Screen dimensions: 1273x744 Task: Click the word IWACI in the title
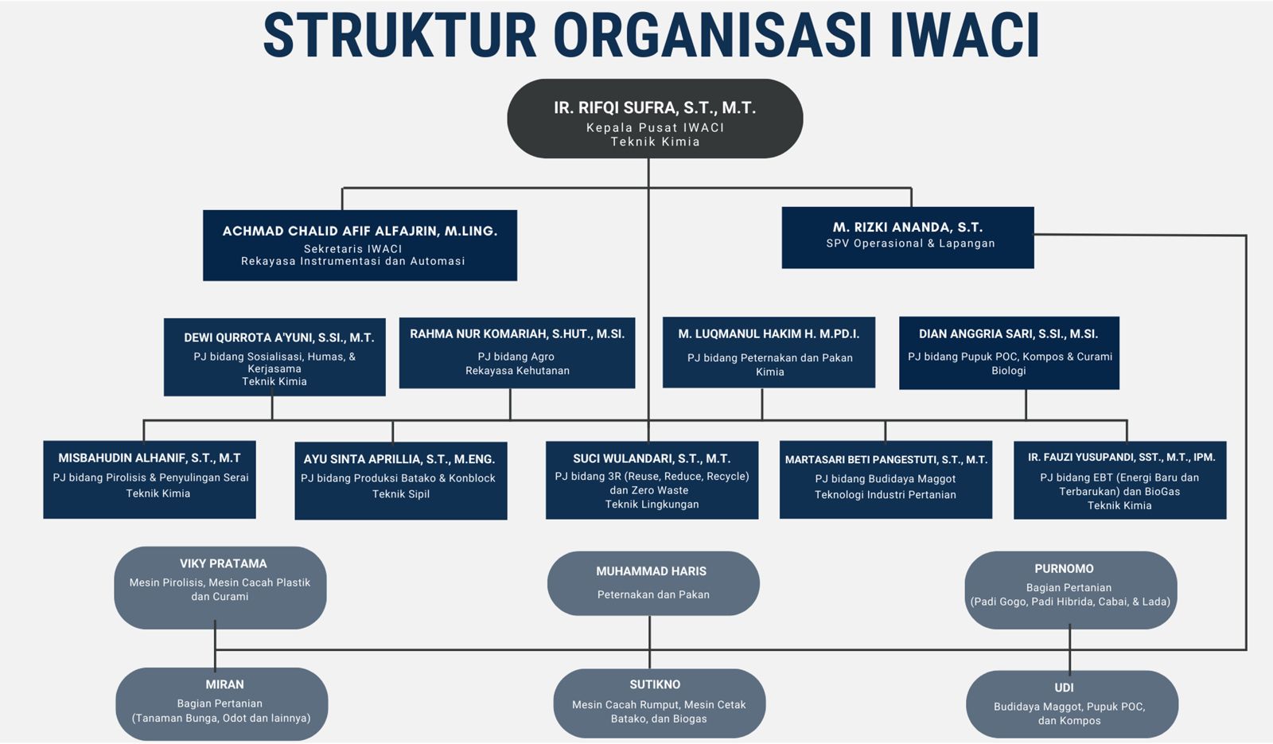(x=965, y=34)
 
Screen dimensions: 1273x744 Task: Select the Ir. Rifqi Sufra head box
(x=655, y=119)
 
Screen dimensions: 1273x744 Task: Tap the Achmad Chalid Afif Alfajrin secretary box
(x=360, y=245)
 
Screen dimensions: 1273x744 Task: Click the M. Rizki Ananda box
(x=908, y=237)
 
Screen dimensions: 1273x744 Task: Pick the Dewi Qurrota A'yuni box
(x=274, y=357)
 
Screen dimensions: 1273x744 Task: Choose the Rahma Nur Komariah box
(x=517, y=353)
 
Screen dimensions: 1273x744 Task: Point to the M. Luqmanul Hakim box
(x=769, y=353)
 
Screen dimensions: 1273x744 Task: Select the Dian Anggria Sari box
(x=1009, y=353)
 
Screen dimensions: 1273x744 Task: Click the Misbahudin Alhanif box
(x=150, y=480)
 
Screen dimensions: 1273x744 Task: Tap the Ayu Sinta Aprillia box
(x=401, y=481)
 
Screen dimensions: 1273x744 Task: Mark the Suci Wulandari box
(x=652, y=481)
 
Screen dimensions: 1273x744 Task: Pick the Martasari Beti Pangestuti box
(x=886, y=480)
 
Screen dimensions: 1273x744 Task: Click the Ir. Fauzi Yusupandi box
(x=1119, y=481)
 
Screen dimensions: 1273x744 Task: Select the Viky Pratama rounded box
(x=220, y=588)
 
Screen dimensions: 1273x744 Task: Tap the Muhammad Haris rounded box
(x=653, y=583)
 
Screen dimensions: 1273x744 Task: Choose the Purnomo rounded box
(x=1071, y=590)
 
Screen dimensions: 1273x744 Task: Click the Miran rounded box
(x=222, y=703)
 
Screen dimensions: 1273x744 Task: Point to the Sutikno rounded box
(x=660, y=703)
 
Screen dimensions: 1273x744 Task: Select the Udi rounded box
(x=1072, y=704)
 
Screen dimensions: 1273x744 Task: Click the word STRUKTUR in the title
(x=399, y=34)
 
